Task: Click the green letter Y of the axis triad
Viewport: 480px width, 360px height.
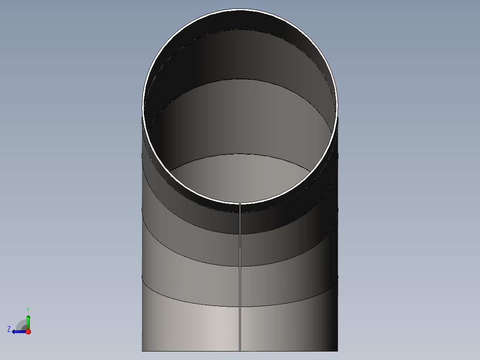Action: tap(28, 310)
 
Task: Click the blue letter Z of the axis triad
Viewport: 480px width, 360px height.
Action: tap(9, 329)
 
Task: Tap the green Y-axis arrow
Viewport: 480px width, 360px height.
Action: tap(28, 322)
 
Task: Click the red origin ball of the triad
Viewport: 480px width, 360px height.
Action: tap(28, 331)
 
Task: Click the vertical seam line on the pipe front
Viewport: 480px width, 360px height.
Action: tap(240, 277)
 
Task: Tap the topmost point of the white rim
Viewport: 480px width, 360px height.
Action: tap(240, 10)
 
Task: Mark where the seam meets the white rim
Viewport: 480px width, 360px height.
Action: tap(240, 203)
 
